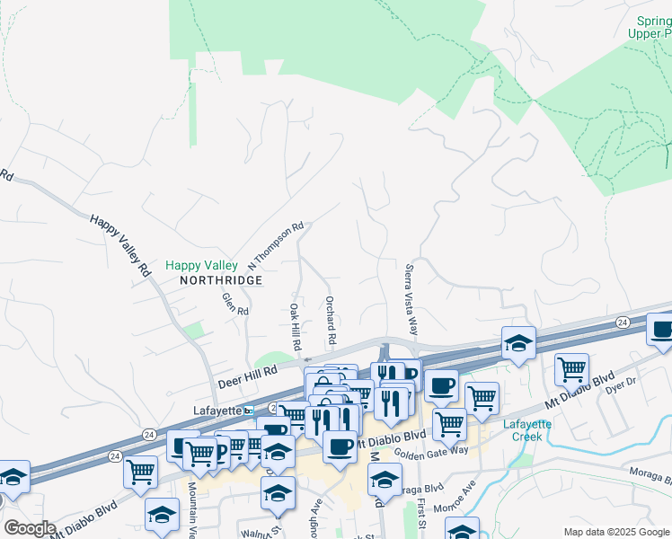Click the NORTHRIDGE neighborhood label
[x=220, y=280]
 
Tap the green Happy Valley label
[x=201, y=266]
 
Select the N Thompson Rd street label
[x=277, y=245]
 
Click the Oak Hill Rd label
[x=295, y=326]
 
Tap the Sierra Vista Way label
[x=411, y=297]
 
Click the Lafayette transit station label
[x=218, y=411]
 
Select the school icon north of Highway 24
[x=517, y=343]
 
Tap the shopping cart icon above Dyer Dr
[x=572, y=367]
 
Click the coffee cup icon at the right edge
[x=661, y=330]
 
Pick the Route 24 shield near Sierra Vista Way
[x=621, y=322]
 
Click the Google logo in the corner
[x=30, y=528]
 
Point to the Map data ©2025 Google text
[x=616, y=532]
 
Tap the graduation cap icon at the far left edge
[x=12, y=477]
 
